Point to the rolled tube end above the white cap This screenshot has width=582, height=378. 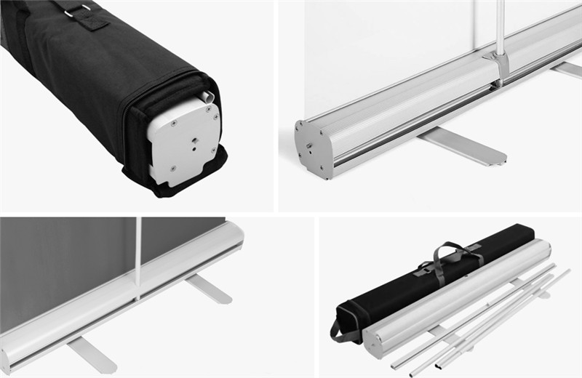207,95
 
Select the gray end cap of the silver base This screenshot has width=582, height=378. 308,148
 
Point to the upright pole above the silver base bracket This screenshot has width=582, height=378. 499,25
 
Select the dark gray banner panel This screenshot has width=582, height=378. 65,262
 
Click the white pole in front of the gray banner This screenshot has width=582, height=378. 137,254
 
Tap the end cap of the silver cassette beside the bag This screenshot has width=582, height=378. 373,342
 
